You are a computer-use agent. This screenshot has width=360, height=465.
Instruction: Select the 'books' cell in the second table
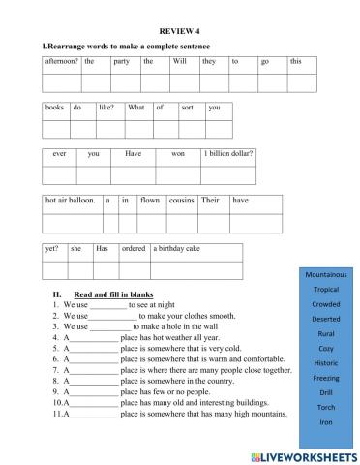55,108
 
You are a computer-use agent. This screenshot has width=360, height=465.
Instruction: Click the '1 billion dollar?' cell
227,154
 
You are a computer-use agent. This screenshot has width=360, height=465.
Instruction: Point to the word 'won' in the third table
178,154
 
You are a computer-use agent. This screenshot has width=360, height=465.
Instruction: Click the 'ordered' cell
133,248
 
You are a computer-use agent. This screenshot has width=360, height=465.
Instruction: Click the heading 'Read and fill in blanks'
114,294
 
